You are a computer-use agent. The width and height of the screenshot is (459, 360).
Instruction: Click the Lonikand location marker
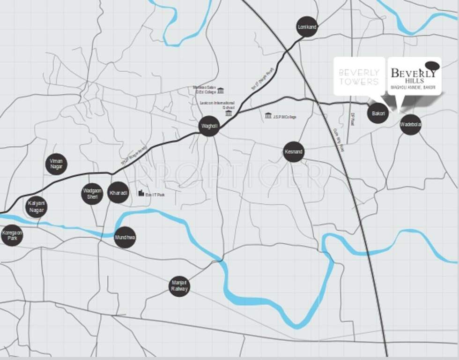(x=307, y=27)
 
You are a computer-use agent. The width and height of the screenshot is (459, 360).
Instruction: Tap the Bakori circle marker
(x=378, y=113)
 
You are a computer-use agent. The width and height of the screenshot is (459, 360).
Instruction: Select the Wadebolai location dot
(x=410, y=125)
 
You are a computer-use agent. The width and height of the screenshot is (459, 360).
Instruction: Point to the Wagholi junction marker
(x=209, y=126)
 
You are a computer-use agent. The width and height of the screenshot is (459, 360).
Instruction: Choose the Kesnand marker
(x=294, y=152)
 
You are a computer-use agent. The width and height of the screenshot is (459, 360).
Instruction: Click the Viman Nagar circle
(x=56, y=164)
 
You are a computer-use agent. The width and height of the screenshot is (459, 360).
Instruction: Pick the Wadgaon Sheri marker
(x=92, y=194)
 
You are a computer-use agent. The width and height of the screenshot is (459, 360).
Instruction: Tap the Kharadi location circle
(x=118, y=193)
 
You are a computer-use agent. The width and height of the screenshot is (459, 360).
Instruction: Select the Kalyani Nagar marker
(x=36, y=207)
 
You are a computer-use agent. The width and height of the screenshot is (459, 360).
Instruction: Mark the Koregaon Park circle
(x=12, y=235)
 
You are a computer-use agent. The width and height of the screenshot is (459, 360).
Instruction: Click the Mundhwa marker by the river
(x=125, y=238)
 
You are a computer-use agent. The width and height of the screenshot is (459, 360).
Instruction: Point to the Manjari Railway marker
(x=179, y=286)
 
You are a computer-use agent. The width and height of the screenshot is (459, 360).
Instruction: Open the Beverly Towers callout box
(x=359, y=76)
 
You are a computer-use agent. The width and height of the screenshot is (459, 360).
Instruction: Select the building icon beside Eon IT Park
(x=141, y=193)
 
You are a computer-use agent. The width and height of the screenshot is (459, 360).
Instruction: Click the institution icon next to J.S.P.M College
(x=268, y=115)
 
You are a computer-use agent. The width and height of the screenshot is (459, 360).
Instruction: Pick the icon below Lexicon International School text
(x=228, y=113)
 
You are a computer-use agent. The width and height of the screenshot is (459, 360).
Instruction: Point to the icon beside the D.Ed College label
(x=220, y=90)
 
